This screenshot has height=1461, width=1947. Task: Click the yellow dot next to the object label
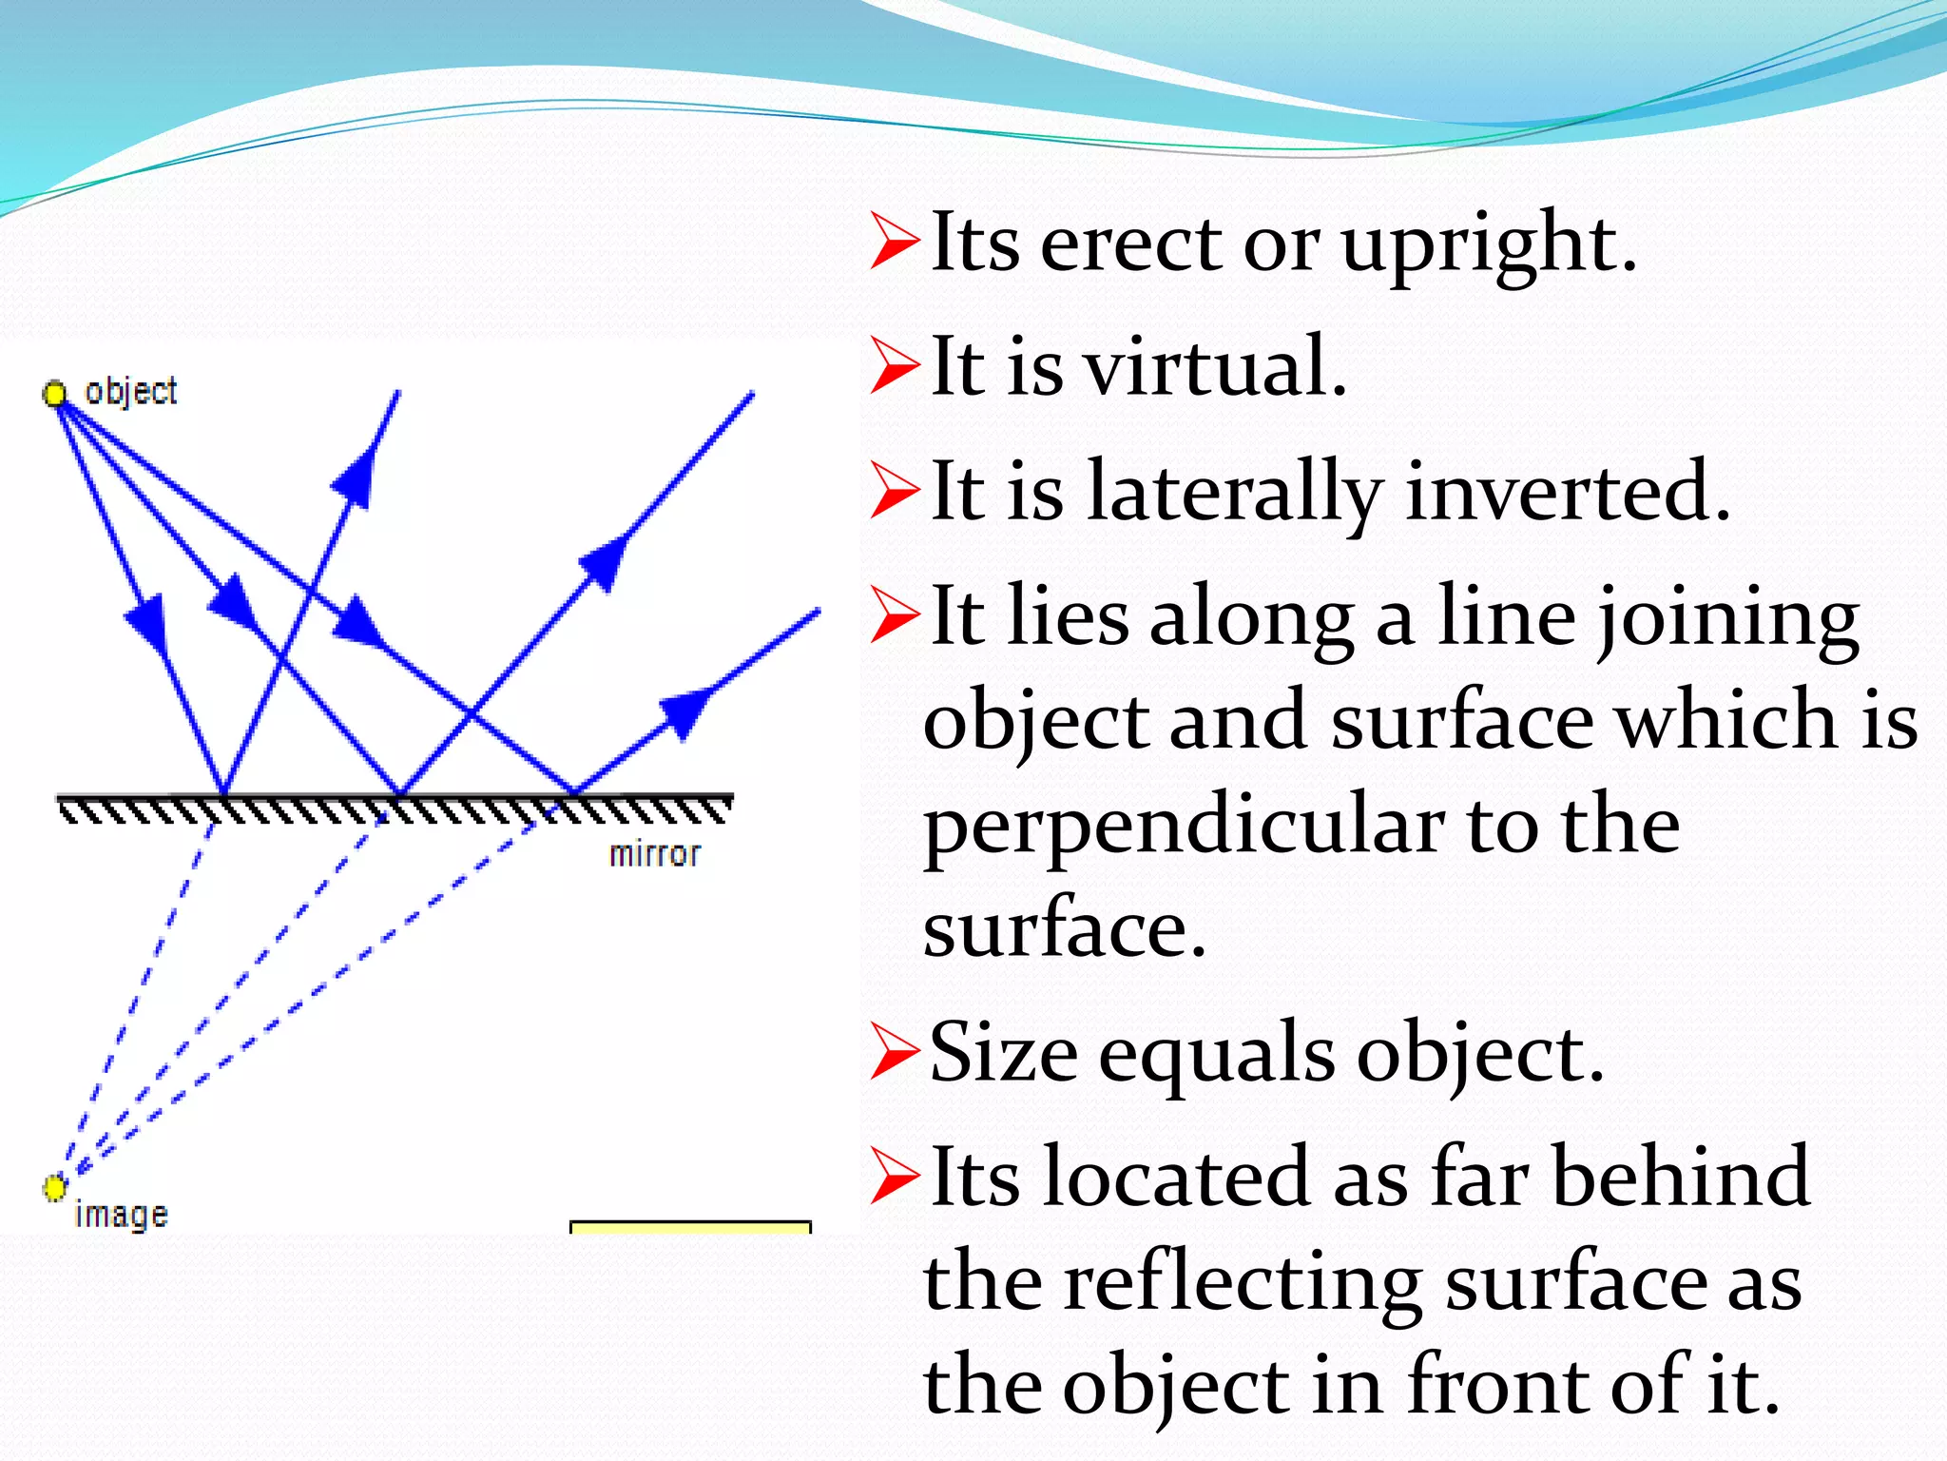55,393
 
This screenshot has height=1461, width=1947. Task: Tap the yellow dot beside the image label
54,1187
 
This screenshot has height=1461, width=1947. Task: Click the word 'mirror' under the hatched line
654,854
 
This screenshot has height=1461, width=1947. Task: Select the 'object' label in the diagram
130,391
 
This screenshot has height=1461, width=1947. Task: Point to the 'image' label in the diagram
121,1215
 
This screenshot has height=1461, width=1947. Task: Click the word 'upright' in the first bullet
1488,244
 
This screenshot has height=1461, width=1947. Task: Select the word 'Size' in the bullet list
1003,1053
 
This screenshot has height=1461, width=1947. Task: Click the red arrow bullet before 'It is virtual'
895,366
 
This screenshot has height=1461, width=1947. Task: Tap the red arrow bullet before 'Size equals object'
895,1053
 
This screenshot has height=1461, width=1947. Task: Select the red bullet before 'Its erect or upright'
895,243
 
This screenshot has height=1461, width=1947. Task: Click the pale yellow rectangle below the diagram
690,1228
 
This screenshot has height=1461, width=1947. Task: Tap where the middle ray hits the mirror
400,792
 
